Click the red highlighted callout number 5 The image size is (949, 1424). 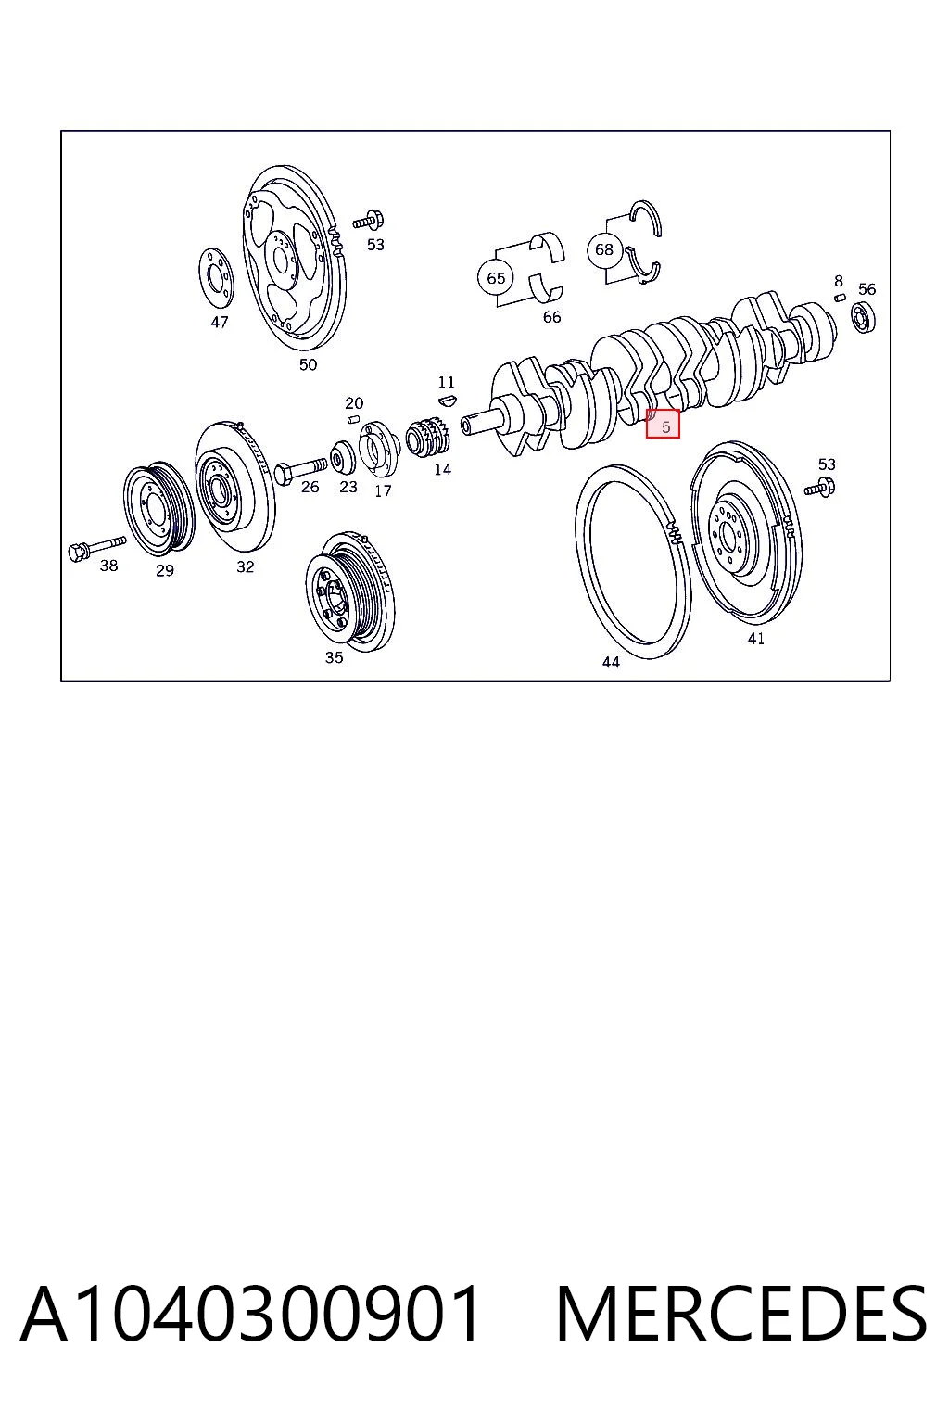tap(663, 424)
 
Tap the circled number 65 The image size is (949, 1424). tap(495, 278)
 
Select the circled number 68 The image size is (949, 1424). tap(603, 249)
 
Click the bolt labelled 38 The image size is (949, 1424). tap(96, 547)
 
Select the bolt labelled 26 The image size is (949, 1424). tap(299, 470)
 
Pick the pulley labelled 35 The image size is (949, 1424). tap(349, 591)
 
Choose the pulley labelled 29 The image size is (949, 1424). tap(158, 511)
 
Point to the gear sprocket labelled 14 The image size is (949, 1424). tap(427, 436)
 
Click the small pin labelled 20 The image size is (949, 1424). tap(354, 418)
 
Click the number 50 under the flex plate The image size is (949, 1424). tap(308, 365)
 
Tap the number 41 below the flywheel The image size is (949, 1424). tap(755, 638)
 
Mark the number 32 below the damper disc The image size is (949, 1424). tap(245, 566)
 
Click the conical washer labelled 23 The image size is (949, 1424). tap(343, 456)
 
